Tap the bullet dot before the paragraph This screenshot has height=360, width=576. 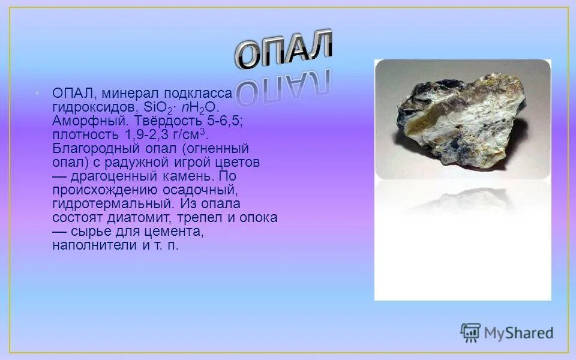(x=37, y=93)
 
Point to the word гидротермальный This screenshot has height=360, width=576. (x=112, y=203)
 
